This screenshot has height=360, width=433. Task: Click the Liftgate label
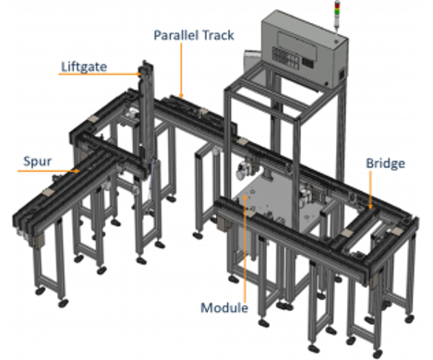[x=85, y=67]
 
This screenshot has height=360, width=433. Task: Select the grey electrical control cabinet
[x=305, y=45]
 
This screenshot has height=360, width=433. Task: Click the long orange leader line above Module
[x=244, y=249]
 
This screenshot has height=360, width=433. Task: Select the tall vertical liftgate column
[x=147, y=120]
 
